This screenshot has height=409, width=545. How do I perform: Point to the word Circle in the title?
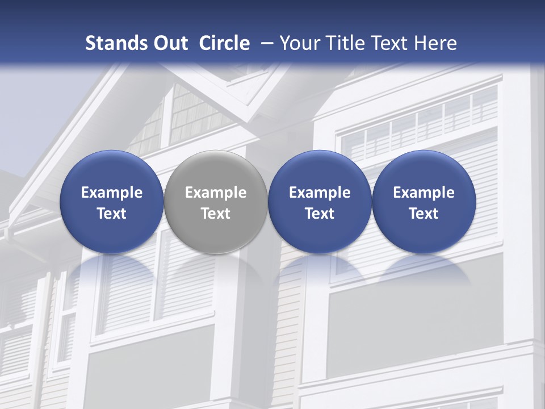tap(224, 43)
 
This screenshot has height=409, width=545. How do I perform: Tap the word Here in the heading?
tap(435, 43)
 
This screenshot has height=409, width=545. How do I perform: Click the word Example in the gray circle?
tap(216, 193)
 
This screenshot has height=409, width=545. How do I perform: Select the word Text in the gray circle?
tap(216, 214)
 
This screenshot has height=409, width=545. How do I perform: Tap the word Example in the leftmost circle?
tap(111, 193)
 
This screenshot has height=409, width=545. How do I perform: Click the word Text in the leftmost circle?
tap(111, 214)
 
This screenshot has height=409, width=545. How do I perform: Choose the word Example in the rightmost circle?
tap(424, 193)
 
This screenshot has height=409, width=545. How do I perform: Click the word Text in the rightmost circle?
tap(424, 214)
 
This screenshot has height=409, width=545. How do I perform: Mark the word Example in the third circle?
tap(320, 193)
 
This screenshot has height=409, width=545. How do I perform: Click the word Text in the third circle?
tap(320, 214)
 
